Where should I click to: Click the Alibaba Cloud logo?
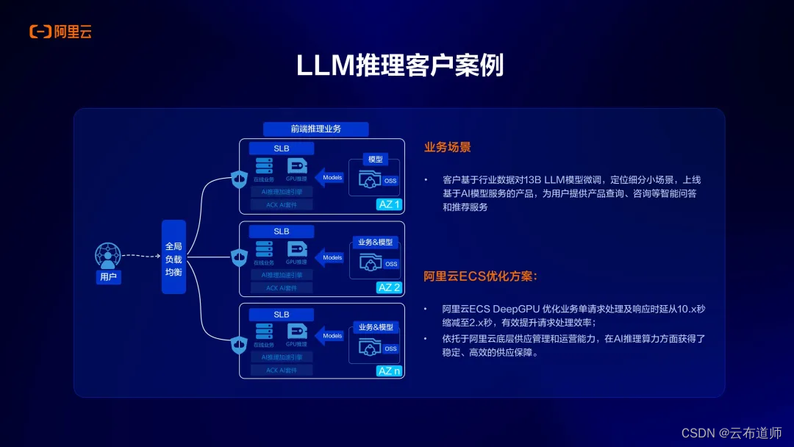click(60, 31)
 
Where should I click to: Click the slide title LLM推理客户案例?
click(400, 65)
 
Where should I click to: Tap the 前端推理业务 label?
click(315, 129)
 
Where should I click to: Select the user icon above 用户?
click(108, 256)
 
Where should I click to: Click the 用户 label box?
click(108, 277)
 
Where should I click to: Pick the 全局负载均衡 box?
click(174, 257)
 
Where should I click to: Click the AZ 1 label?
click(389, 204)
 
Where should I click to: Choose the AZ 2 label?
click(389, 287)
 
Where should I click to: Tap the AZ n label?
click(389, 371)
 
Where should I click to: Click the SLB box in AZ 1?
click(282, 149)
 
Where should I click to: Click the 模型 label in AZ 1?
click(375, 160)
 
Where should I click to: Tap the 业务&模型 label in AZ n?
click(375, 326)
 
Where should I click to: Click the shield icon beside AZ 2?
click(239, 258)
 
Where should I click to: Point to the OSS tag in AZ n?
click(390, 348)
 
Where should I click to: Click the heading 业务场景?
click(447, 147)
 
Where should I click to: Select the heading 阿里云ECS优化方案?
click(481, 276)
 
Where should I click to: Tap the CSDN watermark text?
click(732, 433)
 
